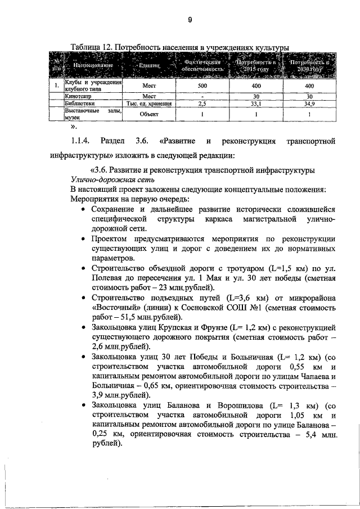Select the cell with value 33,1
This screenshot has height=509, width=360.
pos(256,104)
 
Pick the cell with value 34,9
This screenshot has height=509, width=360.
pos(309,104)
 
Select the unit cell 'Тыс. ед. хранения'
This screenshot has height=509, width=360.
pos(148,104)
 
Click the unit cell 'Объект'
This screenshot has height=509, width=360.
pos(148,114)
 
